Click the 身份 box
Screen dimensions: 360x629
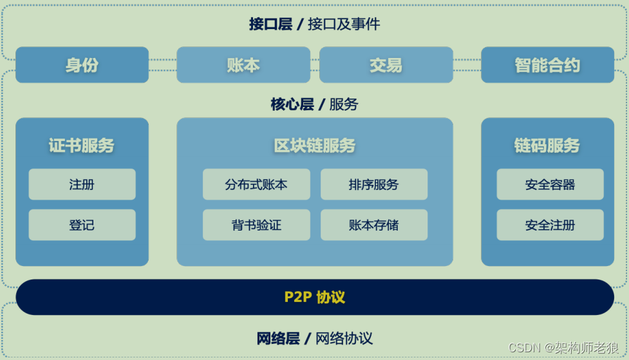pyautogui.click(x=82, y=65)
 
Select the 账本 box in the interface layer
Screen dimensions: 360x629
pyautogui.click(x=243, y=65)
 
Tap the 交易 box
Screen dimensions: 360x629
pyautogui.click(x=386, y=65)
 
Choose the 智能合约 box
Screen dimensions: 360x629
pyautogui.click(x=547, y=65)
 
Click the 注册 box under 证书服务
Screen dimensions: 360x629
pyautogui.click(x=82, y=185)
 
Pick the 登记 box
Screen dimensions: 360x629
pyautogui.click(x=82, y=225)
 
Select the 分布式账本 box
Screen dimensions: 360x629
pyautogui.click(x=256, y=185)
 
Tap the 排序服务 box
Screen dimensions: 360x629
pyautogui.click(x=373, y=185)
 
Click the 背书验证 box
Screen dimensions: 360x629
pyautogui.click(x=256, y=225)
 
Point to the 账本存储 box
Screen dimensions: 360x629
pyautogui.click(x=373, y=225)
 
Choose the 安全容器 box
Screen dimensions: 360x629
pyautogui.click(x=550, y=185)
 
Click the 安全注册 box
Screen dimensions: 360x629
pyautogui.click(x=550, y=225)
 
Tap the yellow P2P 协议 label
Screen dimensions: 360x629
pyautogui.click(x=315, y=298)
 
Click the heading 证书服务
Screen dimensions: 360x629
pyautogui.click(x=82, y=146)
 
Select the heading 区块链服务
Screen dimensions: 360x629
pyautogui.click(x=315, y=146)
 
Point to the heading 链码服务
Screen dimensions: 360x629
pyautogui.click(x=547, y=146)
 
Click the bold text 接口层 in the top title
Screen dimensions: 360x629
pyautogui.click(x=270, y=24)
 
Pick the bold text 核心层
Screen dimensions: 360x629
pyautogui.click(x=292, y=104)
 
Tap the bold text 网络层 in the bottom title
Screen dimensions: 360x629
pyautogui.click(x=278, y=338)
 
